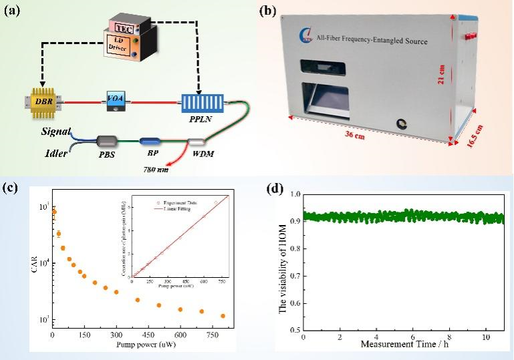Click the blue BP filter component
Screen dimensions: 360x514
point(149,142)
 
